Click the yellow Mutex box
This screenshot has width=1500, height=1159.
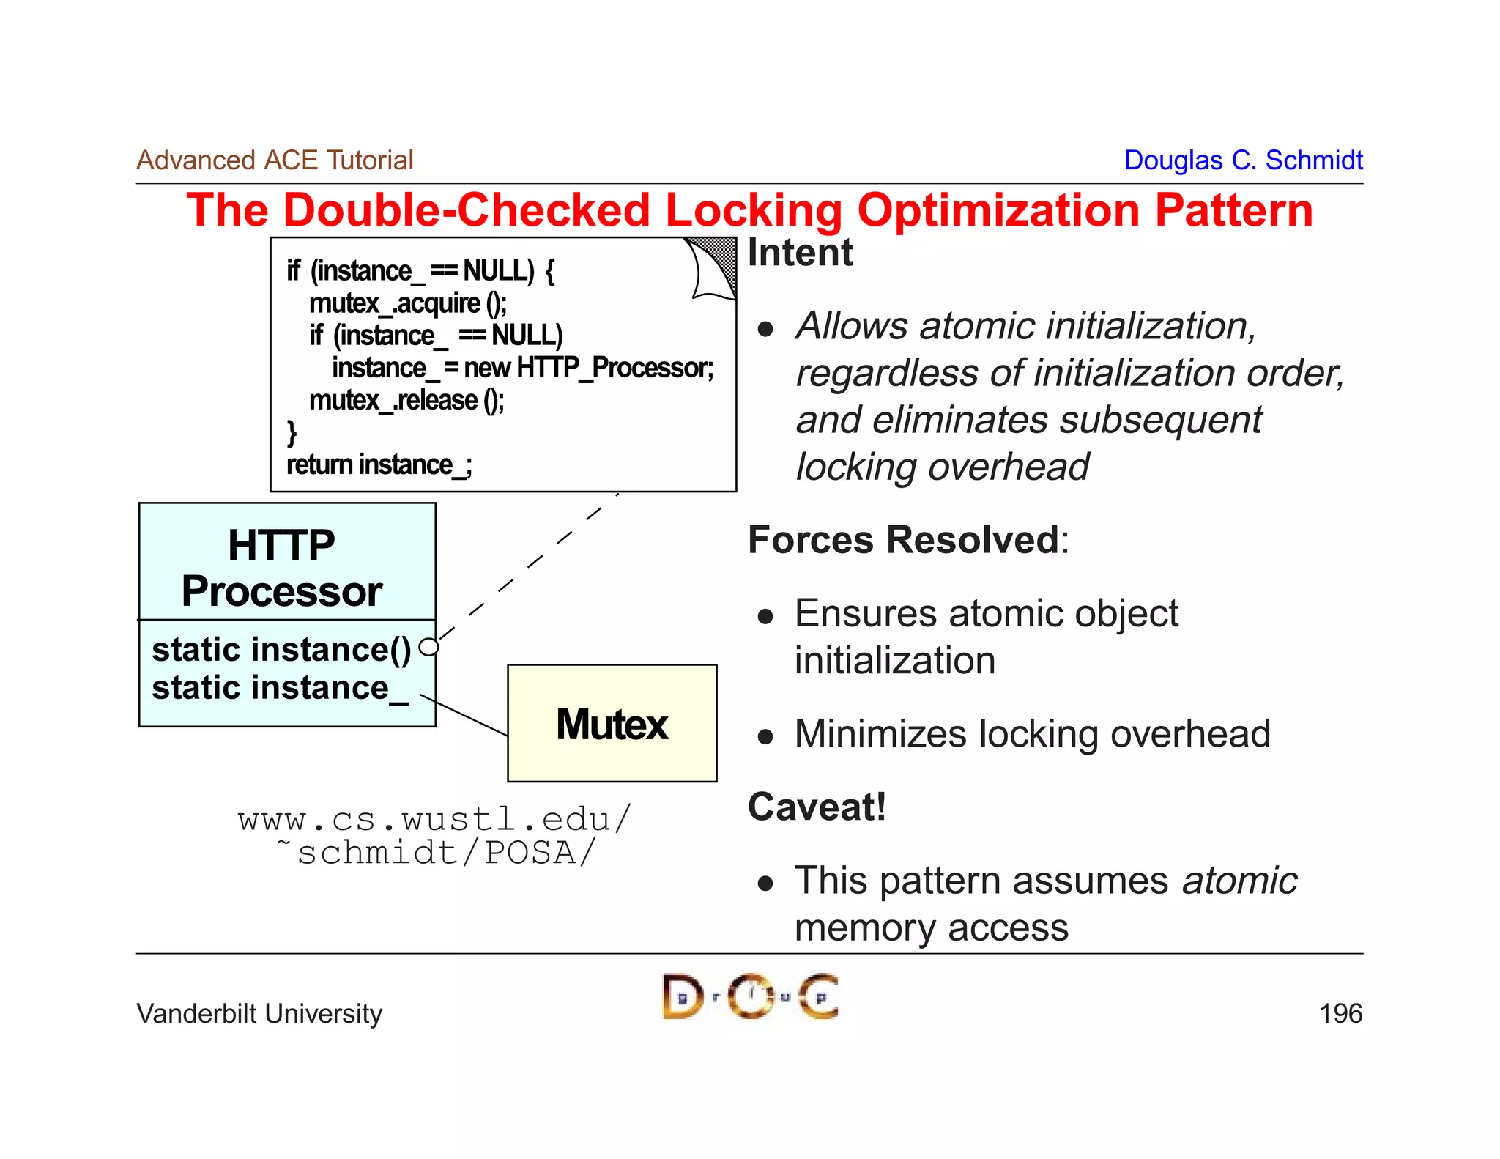pos(612,723)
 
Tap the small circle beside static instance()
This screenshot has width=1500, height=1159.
pos(428,647)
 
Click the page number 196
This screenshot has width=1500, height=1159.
pos(1340,1013)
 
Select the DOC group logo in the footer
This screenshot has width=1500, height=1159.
pos(750,996)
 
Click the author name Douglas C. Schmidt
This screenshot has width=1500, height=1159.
pos(1242,160)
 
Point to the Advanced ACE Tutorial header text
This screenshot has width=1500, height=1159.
pos(275,160)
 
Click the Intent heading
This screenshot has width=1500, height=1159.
pos(800,253)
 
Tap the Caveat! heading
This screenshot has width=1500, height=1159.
pos(817,807)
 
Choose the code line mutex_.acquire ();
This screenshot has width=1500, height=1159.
pos(407,303)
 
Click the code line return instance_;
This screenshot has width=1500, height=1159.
pos(379,464)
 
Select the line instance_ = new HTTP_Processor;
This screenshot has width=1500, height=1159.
pos(522,368)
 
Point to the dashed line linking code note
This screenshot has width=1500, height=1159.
pos(527,568)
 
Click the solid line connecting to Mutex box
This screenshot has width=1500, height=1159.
pos(465,715)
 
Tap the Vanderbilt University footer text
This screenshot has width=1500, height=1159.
pos(259,1013)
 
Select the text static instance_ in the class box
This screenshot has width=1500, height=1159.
pos(279,688)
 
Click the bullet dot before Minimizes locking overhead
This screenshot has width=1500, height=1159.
pos(765,736)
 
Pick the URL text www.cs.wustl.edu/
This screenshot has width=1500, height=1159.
pos(434,819)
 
